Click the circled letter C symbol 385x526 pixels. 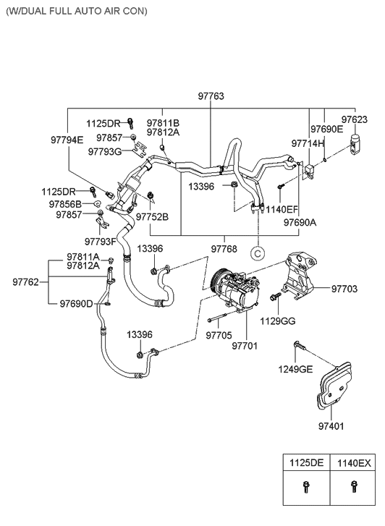256,253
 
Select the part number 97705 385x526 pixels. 218,335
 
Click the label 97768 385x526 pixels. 225,249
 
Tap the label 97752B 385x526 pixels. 152,216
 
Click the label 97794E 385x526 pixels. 67,140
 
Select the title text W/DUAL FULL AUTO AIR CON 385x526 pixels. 76,12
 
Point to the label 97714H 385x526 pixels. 307,144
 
